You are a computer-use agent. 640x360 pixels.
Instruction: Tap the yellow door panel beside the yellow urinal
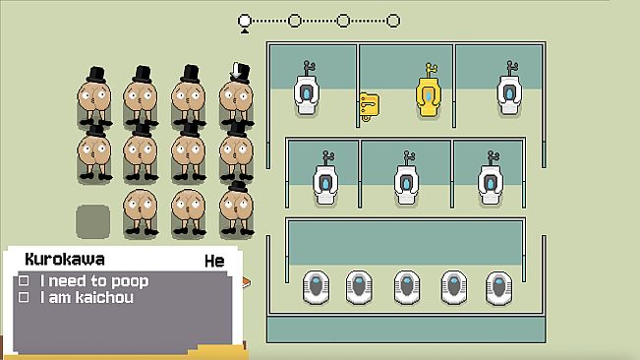tap(369, 107)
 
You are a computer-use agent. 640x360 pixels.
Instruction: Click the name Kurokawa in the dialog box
tap(65, 260)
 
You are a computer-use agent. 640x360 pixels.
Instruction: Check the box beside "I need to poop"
tap(24, 280)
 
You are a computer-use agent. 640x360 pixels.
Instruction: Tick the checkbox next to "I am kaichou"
tap(24, 297)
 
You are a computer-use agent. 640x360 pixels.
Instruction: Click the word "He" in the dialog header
tap(214, 262)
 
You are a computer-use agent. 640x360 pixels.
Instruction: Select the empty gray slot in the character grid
tap(93, 221)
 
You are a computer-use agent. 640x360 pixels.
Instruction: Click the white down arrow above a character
tap(236, 70)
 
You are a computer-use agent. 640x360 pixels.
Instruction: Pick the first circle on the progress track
tap(245, 21)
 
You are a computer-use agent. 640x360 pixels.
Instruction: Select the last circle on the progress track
tap(393, 21)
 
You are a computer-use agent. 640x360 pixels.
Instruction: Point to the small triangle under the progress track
tap(245, 30)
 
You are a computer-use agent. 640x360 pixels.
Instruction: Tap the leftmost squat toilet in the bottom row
tap(316, 287)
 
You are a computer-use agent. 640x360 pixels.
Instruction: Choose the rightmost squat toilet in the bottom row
tap(498, 287)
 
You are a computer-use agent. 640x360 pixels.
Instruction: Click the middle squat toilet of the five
tap(407, 287)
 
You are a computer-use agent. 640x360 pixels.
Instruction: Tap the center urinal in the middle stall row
tap(407, 179)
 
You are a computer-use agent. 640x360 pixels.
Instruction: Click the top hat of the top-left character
tap(96, 75)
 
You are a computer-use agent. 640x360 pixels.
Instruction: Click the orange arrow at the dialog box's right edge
tap(246, 282)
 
